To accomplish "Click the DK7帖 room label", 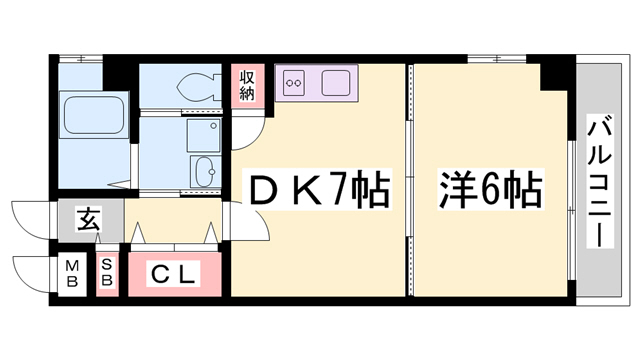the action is pos(318,189).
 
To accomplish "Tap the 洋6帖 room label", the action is pos(491,190).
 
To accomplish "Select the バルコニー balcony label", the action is pos(600,181).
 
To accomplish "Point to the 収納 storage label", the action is pos(247,86).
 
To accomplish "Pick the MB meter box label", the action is pos(72,274).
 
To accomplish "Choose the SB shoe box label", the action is pos(107,272).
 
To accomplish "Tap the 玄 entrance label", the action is pos(88,220).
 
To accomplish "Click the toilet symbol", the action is pos(199,87).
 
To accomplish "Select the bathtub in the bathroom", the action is pos(93,115).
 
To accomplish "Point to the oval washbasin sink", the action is pos(204,171).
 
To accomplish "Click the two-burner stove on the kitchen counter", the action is pos(293,83).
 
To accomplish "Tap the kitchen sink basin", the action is pos(335,83).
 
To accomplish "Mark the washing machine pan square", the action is pos(204,135).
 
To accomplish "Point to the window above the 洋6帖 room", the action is pos(497,59).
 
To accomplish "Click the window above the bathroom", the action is pos(80,59).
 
